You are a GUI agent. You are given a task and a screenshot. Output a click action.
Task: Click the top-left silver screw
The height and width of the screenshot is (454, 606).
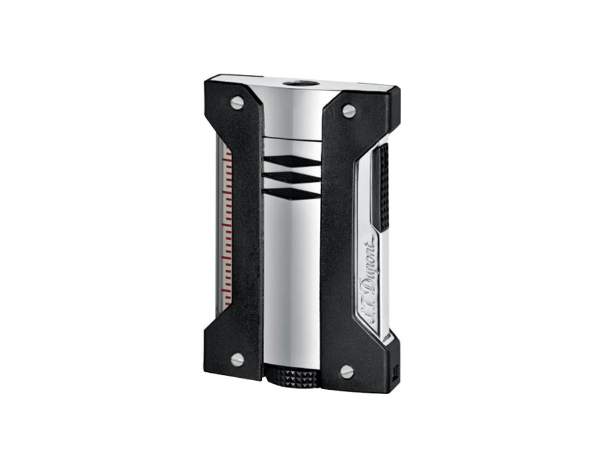pyautogui.click(x=237, y=103)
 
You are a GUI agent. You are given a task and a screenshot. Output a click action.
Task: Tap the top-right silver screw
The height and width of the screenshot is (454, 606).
pyautogui.click(x=348, y=111)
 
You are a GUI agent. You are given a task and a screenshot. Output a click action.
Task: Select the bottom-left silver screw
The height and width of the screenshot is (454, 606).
pyautogui.click(x=237, y=359)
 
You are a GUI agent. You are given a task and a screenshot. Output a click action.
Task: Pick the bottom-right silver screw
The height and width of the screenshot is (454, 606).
pyautogui.click(x=347, y=372)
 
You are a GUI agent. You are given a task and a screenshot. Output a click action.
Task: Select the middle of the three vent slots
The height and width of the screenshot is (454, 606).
pyautogui.click(x=292, y=177)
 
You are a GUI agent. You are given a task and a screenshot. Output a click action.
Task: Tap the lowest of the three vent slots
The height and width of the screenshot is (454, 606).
pyautogui.click(x=293, y=193)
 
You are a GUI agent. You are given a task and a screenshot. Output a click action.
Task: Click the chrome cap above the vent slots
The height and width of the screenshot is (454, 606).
pyautogui.click(x=292, y=115)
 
